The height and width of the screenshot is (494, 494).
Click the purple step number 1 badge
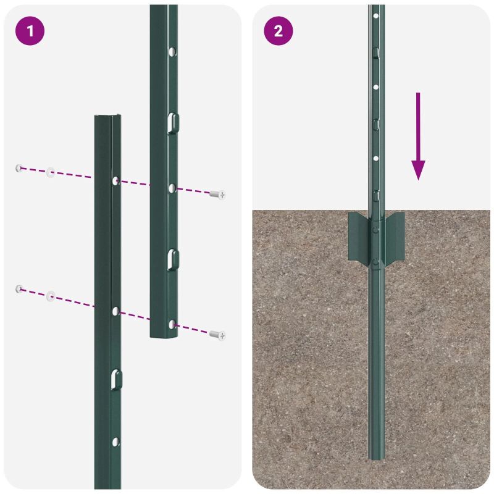pyautogui.click(x=30, y=31)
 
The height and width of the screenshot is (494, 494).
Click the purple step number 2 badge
pyautogui.click(x=278, y=31)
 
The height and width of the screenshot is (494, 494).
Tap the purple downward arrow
pyautogui.click(x=418, y=136)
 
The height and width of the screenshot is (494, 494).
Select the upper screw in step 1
pyautogui.click(x=217, y=195)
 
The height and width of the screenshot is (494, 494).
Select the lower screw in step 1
pyautogui.click(x=217, y=335)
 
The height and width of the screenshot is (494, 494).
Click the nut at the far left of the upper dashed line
pyautogui.click(x=19, y=168)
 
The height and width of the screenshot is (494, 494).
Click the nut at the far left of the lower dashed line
pyautogui.click(x=19, y=288)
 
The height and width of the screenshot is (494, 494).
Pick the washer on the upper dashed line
pyautogui.click(x=50, y=172)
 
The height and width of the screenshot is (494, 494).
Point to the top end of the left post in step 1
pyautogui.click(x=107, y=118)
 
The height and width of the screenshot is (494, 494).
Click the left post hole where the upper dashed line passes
pyautogui.click(x=115, y=180)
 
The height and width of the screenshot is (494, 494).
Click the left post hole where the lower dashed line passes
pyautogui.click(x=115, y=311)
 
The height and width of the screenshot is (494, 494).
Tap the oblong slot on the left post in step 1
pyautogui.click(x=115, y=379)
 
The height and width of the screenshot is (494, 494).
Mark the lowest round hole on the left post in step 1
pyautogui.click(x=115, y=442)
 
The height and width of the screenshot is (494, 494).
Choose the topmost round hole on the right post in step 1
pyautogui.click(x=173, y=49)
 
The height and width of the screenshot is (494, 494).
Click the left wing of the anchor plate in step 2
pyautogui.click(x=358, y=236)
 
